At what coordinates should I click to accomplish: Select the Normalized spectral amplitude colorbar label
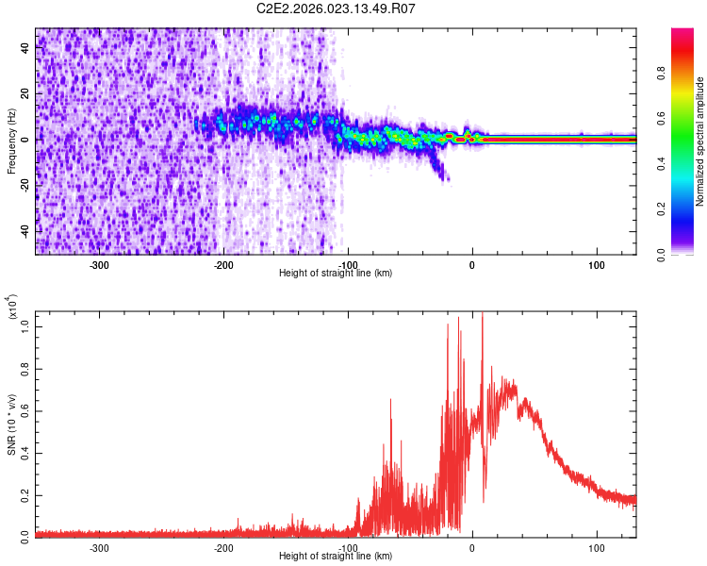pyautogui.click(x=701, y=141)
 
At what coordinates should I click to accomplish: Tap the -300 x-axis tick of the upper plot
pyautogui.click(x=100, y=264)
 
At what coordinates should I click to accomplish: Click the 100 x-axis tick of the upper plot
pyautogui.click(x=596, y=264)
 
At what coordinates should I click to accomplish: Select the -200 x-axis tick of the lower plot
pyautogui.click(x=223, y=547)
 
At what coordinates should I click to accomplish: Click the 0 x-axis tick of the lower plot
pyautogui.click(x=472, y=547)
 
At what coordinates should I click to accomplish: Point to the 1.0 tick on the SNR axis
pyautogui.click(x=26, y=326)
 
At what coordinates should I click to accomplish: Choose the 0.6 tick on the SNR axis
pyautogui.click(x=26, y=410)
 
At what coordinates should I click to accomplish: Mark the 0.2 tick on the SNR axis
pyautogui.click(x=26, y=494)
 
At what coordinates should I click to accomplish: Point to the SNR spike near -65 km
pyautogui.click(x=390, y=402)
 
